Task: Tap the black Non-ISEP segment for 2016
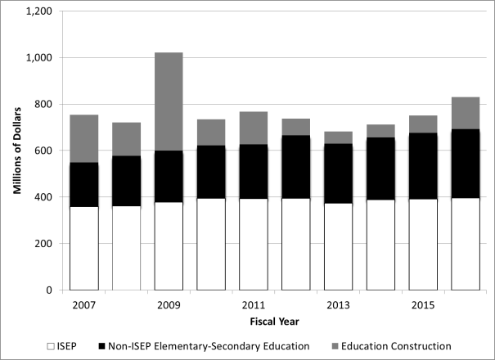(x=466, y=164)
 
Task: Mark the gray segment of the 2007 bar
(x=83, y=139)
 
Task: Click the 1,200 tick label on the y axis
(x=39, y=11)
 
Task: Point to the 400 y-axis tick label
(x=44, y=197)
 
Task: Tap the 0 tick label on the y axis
(x=50, y=290)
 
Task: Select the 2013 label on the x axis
(x=339, y=305)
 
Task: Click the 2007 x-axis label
(x=83, y=305)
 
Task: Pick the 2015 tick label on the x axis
(x=423, y=305)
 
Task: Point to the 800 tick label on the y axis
(x=44, y=105)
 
